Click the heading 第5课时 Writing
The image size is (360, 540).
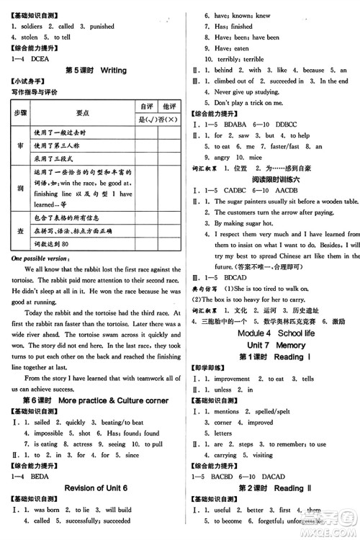pyautogui.click(x=96, y=71)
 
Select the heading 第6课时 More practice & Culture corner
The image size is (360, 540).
pyautogui.click(x=96, y=400)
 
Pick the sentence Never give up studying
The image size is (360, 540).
pyautogui.click(x=245, y=91)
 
